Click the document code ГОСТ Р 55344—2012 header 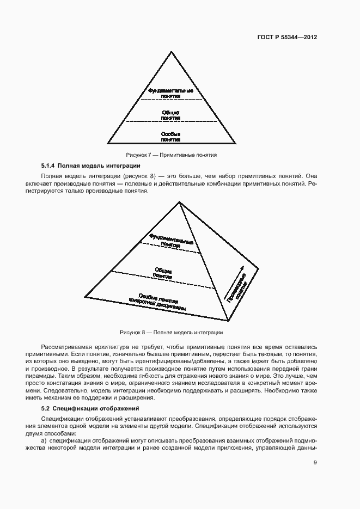pyautogui.click(x=287, y=38)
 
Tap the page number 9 pyautogui.click(x=315, y=463)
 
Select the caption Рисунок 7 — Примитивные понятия pyautogui.click(x=171, y=155)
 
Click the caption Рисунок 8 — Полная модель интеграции pyautogui.click(x=171, y=332)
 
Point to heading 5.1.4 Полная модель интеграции pyautogui.click(x=91, y=165)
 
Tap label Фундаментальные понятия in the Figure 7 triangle pyautogui.click(x=171, y=93)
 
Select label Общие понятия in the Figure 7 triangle pyautogui.click(x=171, y=115)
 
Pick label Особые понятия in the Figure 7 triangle pyautogui.click(x=171, y=136)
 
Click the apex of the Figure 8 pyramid pyautogui.click(x=179, y=202)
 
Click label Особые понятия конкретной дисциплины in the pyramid pyautogui.click(x=158, y=303)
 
